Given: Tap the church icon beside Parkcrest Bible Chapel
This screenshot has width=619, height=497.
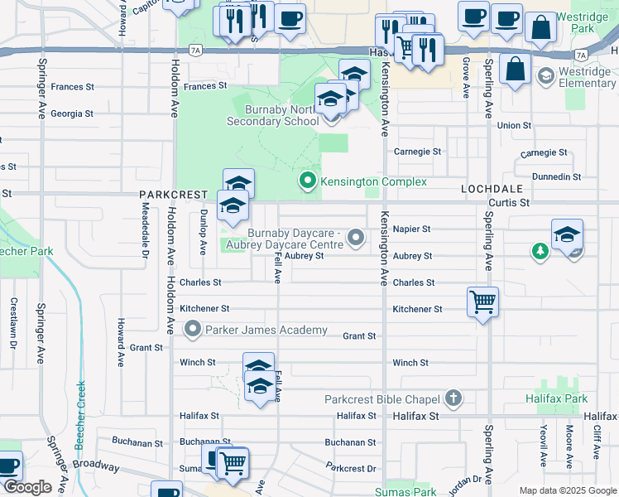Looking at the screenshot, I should point(453,399).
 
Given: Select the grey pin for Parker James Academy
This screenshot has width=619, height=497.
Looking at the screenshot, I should point(193,331).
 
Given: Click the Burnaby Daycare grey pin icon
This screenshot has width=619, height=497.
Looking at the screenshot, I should point(357,239).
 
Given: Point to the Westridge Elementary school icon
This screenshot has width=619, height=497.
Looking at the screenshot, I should point(545,77).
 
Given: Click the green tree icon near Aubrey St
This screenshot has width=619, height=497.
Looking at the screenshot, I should point(540,249).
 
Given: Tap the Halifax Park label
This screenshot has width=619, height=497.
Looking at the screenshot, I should point(554,399).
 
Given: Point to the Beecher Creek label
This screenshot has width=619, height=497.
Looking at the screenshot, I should point(80,414).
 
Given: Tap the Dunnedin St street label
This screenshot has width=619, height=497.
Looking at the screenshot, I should point(556,177).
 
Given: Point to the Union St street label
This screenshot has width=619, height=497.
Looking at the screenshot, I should point(514,126).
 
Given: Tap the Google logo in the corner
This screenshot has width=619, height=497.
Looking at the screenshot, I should point(27,487).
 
